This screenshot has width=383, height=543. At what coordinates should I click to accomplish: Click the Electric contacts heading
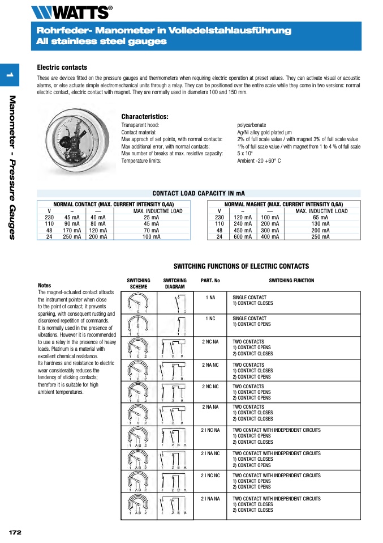62,67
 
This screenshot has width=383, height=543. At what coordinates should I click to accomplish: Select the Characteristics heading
145,117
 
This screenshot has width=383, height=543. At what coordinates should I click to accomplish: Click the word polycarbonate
251,125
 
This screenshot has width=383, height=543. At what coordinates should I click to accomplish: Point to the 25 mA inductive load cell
151,217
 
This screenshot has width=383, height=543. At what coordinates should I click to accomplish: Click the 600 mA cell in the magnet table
243,237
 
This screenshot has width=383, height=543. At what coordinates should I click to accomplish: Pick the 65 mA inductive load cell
321,217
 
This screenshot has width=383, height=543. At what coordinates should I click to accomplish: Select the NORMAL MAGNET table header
283,204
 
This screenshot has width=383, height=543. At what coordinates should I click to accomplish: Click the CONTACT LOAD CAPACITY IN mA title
199,193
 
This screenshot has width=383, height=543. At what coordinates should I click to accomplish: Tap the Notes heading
44,286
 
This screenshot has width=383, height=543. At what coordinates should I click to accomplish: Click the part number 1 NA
210,297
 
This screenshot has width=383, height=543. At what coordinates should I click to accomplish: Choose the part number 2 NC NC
210,386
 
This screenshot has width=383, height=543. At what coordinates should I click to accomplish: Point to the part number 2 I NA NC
210,453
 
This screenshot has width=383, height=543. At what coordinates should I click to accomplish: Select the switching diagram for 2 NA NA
175,414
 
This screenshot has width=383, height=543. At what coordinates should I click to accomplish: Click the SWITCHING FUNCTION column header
291,281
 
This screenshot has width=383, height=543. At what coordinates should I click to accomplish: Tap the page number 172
15,532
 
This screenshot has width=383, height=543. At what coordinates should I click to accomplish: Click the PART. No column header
210,281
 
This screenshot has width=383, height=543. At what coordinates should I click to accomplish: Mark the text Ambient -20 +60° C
259,160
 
